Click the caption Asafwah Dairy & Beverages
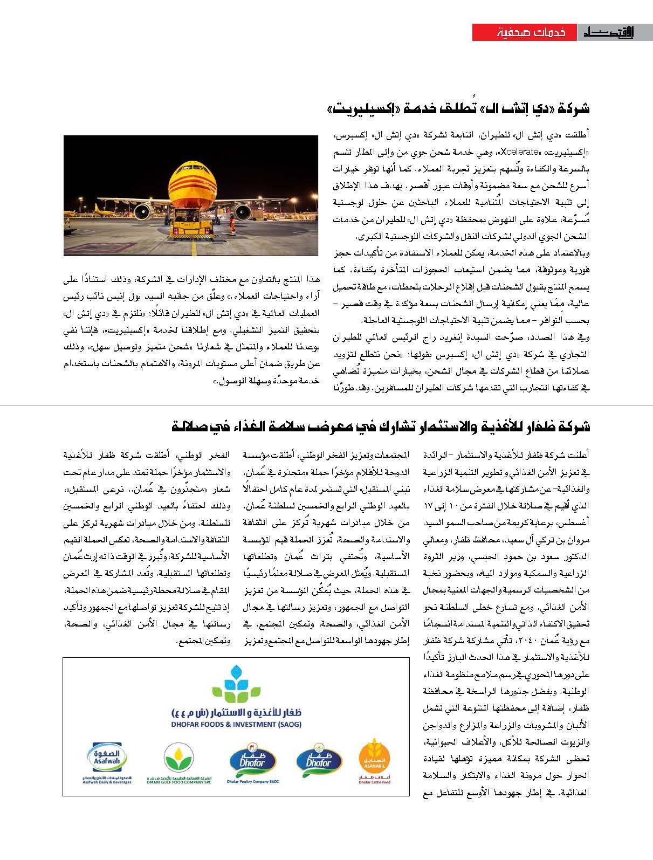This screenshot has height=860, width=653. click(x=108, y=782)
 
